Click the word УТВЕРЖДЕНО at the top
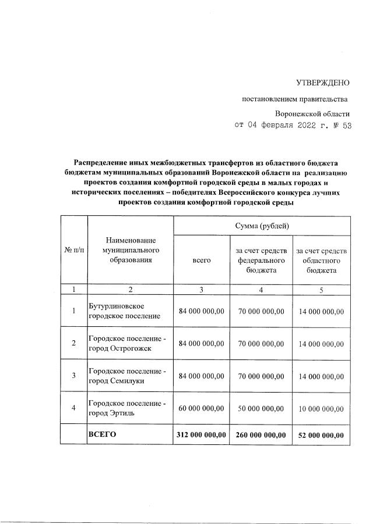click(x=323, y=84)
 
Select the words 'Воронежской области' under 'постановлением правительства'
click(x=312, y=113)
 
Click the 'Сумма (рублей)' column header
click(x=262, y=226)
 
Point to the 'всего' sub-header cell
click(x=202, y=261)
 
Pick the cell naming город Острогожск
click(x=127, y=343)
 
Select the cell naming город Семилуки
click(x=127, y=376)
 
